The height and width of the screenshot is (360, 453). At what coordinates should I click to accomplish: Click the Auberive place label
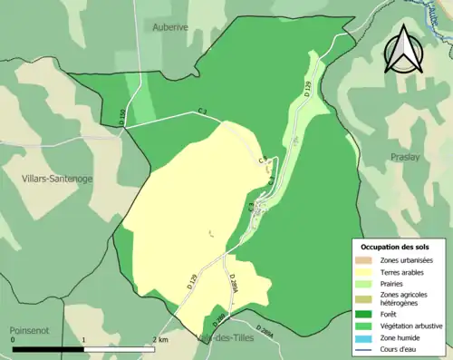[170, 27]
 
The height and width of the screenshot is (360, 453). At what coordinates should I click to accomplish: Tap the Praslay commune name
[404, 157]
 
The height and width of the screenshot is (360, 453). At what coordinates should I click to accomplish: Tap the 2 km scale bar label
[159, 339]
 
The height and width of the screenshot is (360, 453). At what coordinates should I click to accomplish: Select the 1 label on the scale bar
[84, 339]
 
